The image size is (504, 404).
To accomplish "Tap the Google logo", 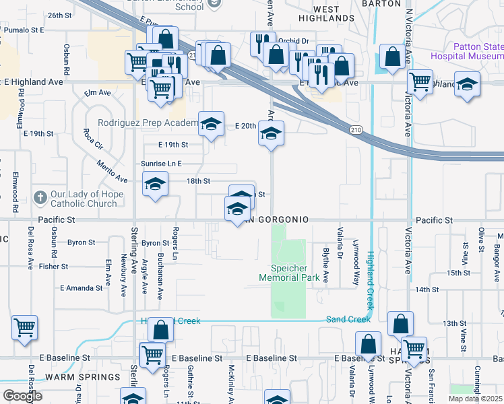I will point(22,396).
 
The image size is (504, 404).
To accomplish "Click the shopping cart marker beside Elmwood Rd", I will point(25,329).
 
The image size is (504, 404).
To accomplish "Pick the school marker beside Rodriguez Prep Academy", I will point(212,124).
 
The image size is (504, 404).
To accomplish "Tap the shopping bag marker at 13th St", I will point(400,324).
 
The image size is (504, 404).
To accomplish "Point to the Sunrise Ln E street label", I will point(162,164).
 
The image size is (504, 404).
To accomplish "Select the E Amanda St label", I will point(82,288).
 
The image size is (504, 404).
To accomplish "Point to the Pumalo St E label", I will point(24,30).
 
